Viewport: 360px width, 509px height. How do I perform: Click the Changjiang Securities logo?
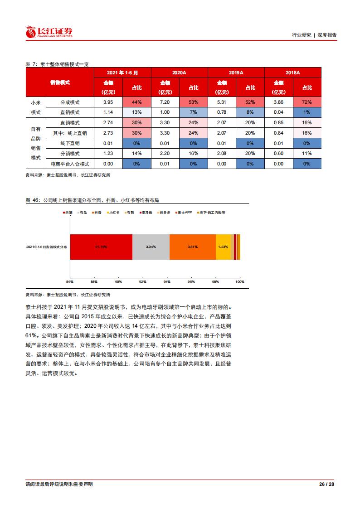[x=49, y=32]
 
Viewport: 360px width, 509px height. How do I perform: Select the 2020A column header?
[x=179, y=73]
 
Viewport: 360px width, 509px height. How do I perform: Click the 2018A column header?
[x=292, y=73]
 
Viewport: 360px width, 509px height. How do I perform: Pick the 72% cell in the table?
[x=307, y=102]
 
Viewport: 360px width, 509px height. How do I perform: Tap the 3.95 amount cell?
[x=107, y=102]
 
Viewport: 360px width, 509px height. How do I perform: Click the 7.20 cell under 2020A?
[x=165, y=102]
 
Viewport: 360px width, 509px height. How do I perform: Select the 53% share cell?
[x=194, y=102]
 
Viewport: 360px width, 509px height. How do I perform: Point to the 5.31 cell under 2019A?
[x=221, y=102]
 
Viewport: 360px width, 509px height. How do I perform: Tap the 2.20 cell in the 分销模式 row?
[x=165, y=154]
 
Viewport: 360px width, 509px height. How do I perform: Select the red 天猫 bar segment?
[x=101, y=247]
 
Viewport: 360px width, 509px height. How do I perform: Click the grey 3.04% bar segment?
[x=151, y=247]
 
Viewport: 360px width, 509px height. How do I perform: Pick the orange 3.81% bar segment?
[x=192, y=247]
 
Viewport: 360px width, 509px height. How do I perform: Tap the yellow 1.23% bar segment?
[x=223, y=247]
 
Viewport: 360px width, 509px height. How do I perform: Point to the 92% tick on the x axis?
[x=143, y=282]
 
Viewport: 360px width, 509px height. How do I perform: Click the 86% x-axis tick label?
[x=70, y=282]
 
